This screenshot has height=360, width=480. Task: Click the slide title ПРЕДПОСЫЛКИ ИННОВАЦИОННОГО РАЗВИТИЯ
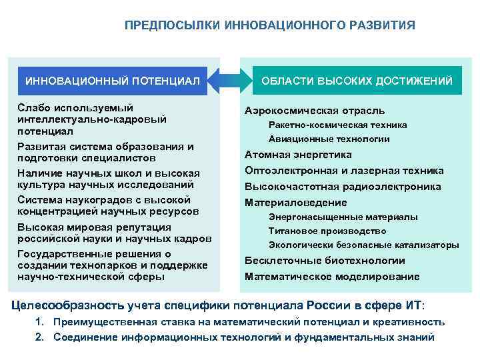(269, 25)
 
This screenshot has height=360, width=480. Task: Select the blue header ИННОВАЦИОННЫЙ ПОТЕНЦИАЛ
(113, 81)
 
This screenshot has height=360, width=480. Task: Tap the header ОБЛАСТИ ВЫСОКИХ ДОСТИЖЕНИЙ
(357, 81)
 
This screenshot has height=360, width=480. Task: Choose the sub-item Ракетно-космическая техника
(337, 125)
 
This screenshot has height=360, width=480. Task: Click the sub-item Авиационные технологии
(329, 139)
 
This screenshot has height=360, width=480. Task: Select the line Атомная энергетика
(293, 155)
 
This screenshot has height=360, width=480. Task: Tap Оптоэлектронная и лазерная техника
(344, 171)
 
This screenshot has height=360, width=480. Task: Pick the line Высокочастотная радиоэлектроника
(343, 187)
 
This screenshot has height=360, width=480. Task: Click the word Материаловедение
(296, 202)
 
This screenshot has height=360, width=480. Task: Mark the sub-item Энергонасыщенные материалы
(343, 217)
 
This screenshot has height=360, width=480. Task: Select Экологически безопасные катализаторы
(363, 245)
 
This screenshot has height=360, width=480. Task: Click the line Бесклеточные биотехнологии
(325, 261)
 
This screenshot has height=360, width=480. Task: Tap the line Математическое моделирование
(332, 276)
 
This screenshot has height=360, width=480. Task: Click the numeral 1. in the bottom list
(39, 322)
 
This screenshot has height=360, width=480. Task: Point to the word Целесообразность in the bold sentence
(67, 305)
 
